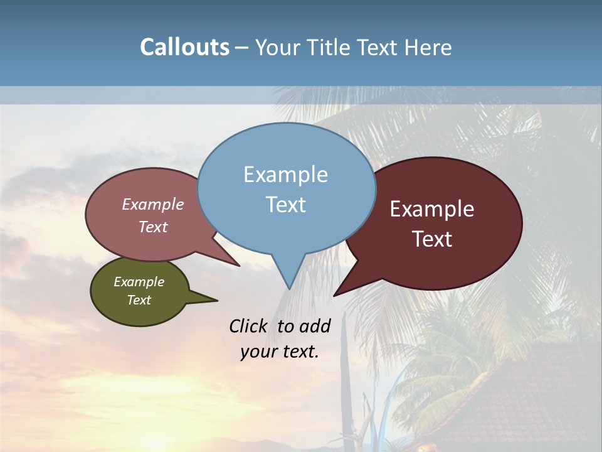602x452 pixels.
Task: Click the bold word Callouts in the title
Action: point(184,47)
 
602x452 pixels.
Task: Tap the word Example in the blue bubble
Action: point(285,175)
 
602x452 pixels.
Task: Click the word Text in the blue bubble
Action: point(285,205)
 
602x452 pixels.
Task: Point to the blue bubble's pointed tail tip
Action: point(289,289)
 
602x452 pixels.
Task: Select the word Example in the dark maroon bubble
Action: point(432,209)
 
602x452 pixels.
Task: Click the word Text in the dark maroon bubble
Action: point(433,239)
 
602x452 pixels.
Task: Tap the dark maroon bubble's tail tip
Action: point(334,295)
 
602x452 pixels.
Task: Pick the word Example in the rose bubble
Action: point(153,204)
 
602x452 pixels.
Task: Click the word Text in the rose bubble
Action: point(153,227)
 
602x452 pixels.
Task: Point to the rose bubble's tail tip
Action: point(239,266)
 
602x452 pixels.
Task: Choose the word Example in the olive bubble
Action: point(139,282)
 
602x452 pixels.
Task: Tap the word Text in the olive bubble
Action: point(139,300)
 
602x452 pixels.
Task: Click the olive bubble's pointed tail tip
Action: point(217,300)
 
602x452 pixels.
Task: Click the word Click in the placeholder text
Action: point(248,326)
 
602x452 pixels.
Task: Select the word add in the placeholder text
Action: point(315,326)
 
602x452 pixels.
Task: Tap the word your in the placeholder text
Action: point(259,352)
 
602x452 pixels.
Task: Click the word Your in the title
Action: point(278,47)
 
